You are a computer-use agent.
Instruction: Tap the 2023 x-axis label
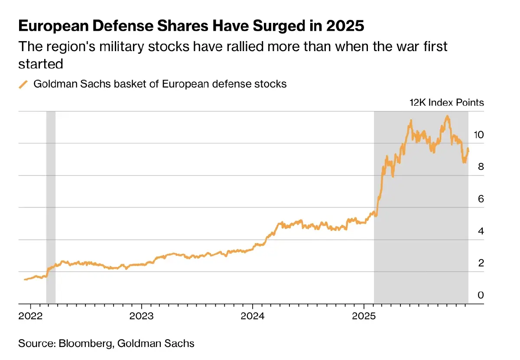[141, 315]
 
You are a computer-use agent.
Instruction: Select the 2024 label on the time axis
[253, 315]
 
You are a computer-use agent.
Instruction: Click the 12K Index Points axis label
[446, 103]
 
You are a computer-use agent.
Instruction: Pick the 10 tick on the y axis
[478, 135]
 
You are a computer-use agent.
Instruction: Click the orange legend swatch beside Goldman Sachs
[23, 84]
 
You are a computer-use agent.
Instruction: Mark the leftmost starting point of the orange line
[25, 279]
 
